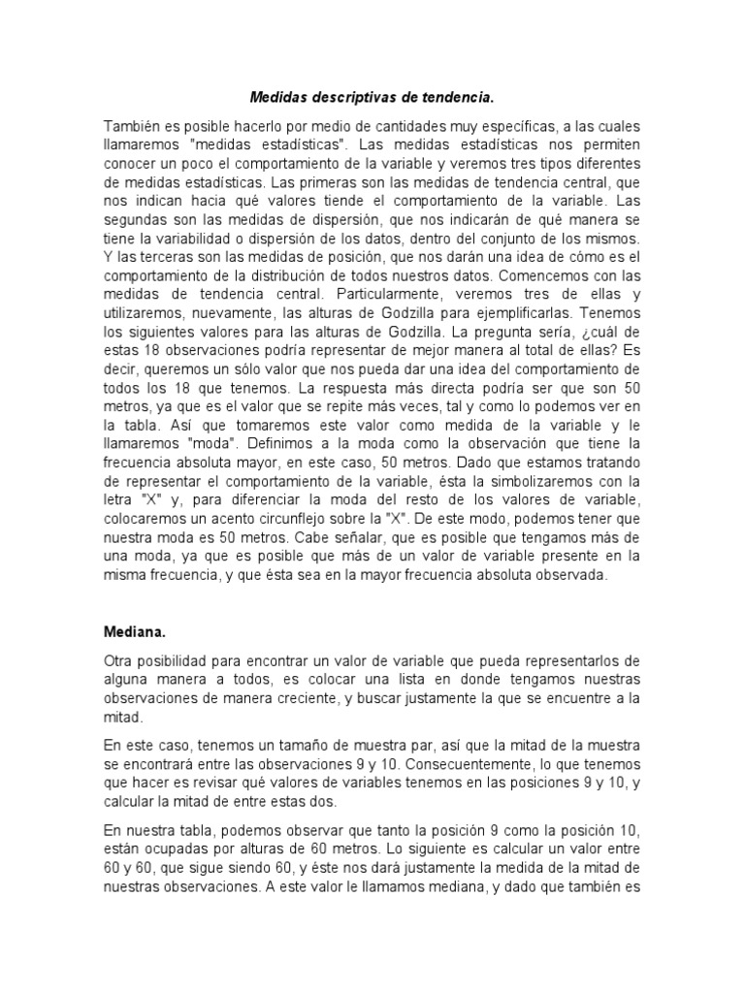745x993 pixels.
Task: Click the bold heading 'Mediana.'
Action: click(136, 605)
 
